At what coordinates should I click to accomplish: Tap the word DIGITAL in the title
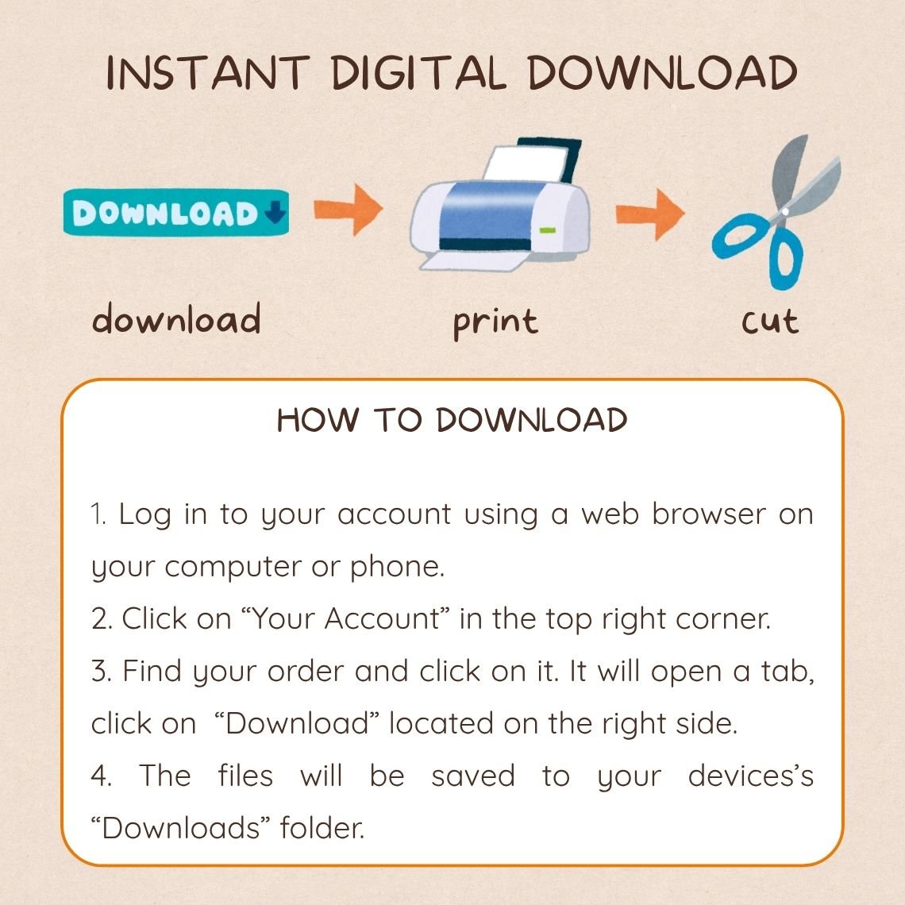click(418, 73)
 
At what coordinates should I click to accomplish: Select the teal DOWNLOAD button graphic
click(176, 213)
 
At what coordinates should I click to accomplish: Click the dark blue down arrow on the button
click(275, 213)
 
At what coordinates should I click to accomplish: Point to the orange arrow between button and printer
click(348, 210)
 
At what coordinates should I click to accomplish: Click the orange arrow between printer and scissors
click(650, 214)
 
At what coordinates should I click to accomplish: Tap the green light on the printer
click(547, 231)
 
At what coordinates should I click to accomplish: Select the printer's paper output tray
click(472, 261)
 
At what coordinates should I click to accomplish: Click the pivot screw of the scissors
click(785, 212)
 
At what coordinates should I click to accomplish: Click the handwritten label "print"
click(495, 322)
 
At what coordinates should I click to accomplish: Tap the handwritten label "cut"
click(770, 322)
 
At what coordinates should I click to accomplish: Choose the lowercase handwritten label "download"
click(176, 318)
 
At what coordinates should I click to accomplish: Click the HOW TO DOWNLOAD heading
click(452, 420)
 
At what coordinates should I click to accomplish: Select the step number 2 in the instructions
click(98, 618)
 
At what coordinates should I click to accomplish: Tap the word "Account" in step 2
click(382, 618)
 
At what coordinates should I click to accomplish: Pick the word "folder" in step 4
click(322, 828)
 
